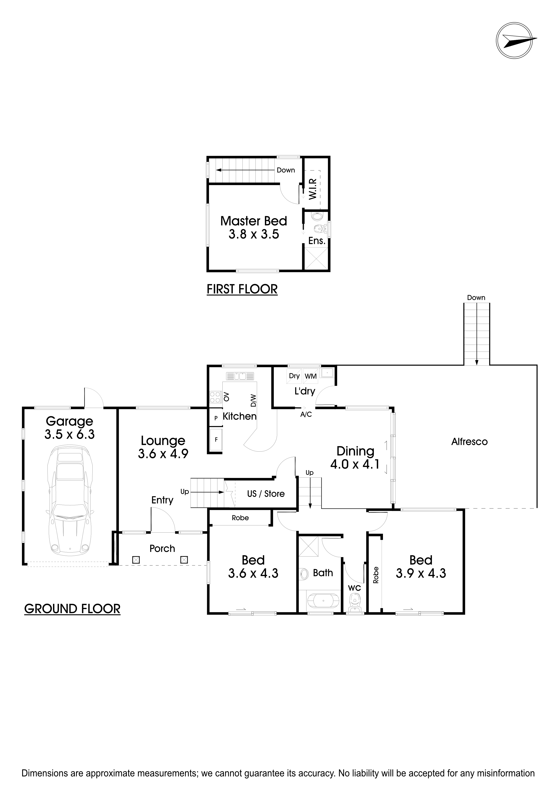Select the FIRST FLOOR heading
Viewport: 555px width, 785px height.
click(x=242, y=289)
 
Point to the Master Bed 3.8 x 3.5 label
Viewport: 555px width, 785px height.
click(x=254, y=228)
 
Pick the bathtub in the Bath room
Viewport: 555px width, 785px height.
click(x=323, y=601)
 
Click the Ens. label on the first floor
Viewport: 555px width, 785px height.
click(x=317, y=241)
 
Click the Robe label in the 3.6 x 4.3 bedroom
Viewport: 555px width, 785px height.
click(x=240, y=518)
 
